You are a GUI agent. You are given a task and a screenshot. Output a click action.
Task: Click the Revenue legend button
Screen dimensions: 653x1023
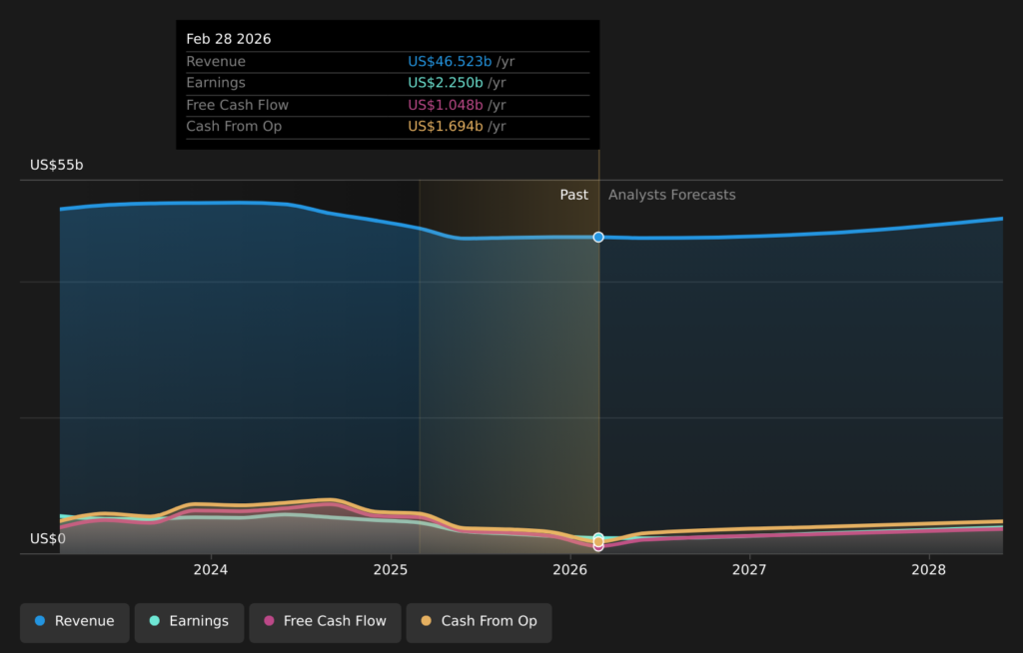[x=75, y=621]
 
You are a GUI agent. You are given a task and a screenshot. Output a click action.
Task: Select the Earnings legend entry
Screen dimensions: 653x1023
[x=189, y=621]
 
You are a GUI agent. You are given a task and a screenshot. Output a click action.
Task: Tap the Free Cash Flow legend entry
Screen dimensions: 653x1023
[x=325, y=621]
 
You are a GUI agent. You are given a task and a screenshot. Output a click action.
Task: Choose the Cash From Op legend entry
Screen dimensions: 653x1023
[x=479, y=621]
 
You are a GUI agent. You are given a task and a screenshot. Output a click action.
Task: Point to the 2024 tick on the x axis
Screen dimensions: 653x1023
[x=211, y=570]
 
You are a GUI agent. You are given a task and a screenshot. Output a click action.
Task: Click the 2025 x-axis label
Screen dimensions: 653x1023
[x=391, y=570]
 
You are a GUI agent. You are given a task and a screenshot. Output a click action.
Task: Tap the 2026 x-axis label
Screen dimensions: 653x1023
[x=569, y=570]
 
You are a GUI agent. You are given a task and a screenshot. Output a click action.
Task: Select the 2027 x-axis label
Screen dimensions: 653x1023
[x=749, y=570]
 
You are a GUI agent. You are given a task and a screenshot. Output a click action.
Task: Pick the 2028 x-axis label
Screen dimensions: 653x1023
[x=929, y=570]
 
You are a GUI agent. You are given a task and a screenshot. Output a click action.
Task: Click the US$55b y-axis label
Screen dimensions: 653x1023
[x=57, y=165]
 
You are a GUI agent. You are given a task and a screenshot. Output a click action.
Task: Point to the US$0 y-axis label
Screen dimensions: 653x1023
[x=48, y=539]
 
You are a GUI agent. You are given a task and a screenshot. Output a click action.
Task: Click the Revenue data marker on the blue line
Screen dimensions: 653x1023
[x=598, y=237]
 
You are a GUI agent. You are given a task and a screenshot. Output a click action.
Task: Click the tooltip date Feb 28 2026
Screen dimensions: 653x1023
[x=229, y=39]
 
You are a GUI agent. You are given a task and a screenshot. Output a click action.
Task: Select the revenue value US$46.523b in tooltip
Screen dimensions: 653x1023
[x=450, y=62]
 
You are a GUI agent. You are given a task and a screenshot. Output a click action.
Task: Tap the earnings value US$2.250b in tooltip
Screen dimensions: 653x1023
[x=446, y=83]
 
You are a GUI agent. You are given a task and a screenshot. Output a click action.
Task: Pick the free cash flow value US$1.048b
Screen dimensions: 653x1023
[x=446, y=105]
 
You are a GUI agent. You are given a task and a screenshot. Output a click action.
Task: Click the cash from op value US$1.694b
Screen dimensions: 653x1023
[x=446, y=127]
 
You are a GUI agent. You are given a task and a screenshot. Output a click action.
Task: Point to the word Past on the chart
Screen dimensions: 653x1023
[x=573, y=195]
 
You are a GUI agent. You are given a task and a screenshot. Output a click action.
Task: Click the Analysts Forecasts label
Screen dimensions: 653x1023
[x=671, y=195]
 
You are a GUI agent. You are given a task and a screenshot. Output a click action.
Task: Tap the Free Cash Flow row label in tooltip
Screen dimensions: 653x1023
[x=237, y=105]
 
